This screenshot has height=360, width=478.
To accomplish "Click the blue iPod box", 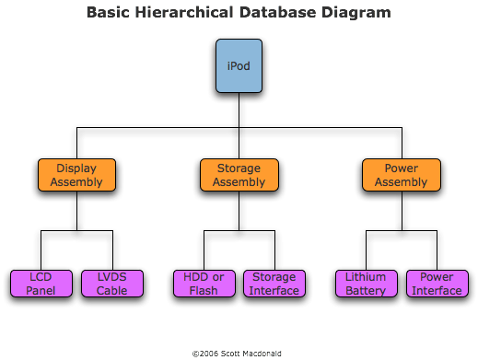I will [x=239, y=65].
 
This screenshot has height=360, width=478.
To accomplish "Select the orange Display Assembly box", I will [x=76, y=175].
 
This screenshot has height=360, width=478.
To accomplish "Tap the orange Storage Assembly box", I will [x=239, y=175].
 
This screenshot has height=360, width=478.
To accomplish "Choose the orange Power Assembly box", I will [x=401, y=175].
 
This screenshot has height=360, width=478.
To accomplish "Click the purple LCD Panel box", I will [x=41, y=284].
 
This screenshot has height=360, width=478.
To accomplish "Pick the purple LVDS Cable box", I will [x=112, y=284].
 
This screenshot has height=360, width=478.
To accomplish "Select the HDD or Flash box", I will [x=204, y=284].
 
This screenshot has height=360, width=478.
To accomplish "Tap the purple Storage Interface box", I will [x=274, y=284].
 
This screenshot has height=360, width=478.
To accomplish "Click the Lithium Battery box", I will [x=366, y=284].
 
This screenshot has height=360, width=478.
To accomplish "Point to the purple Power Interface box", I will [x=437, y=284].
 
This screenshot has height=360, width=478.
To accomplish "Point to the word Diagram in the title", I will [x=357, y=13].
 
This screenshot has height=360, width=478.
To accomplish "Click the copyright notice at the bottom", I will [x=238, y=353].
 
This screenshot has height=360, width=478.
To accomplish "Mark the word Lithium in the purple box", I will [x=366, y=277].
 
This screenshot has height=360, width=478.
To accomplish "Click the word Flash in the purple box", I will [x=204, y=291].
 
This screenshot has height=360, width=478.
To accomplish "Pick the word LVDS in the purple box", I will [x=112, y=277].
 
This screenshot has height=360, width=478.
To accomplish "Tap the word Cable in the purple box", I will [x=112, y=291].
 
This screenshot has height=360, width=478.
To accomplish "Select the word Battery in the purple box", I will [x=366, y=291].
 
